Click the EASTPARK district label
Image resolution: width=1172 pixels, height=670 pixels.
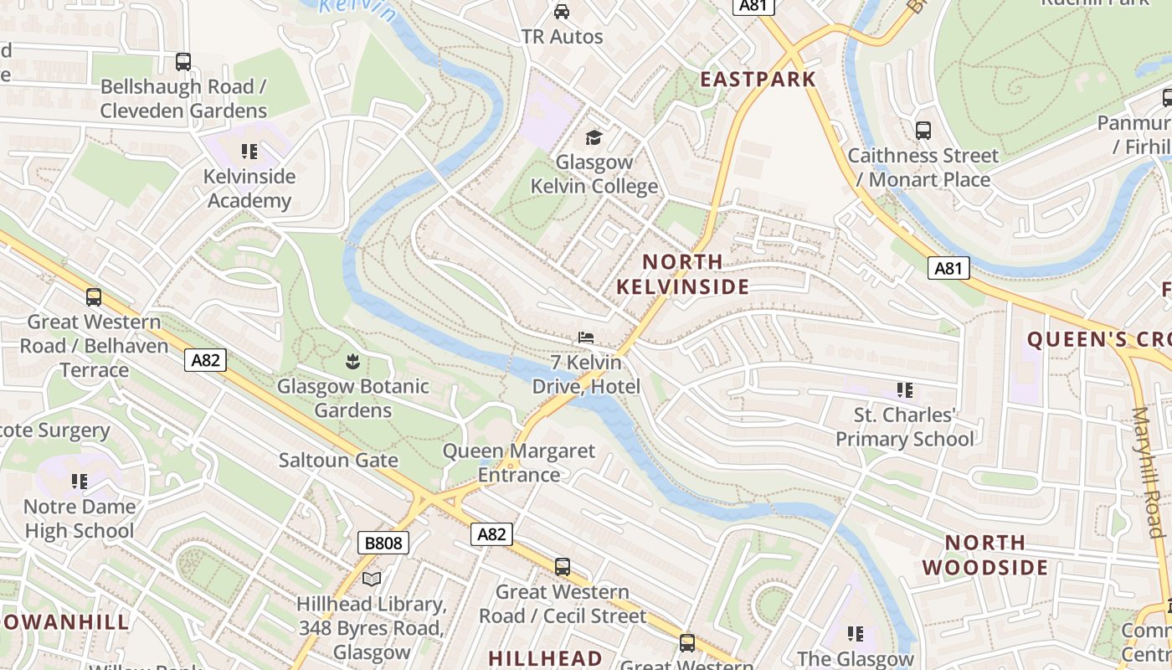(x=758, y=80)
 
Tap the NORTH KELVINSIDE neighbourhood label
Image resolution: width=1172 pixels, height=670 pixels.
(x=682, y=275)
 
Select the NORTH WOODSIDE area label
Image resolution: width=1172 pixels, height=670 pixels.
(x=985, y=555)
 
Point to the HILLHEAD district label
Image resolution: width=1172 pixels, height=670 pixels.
(x=545, y=658)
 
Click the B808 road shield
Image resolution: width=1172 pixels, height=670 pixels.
(x=384, y=543)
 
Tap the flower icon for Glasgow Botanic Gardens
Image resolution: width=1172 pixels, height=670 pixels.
(x=352, y=362)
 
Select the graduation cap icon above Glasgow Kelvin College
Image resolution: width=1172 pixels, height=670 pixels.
(x=594, y=137)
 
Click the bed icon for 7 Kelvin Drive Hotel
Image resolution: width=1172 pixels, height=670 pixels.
(x=586, y=338)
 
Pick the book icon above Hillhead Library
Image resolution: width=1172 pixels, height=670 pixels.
(x=372, y=579)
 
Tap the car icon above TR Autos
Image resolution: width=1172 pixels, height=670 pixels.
(x=562, y=12)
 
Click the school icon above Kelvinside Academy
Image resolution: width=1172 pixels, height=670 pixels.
(x=249, y=152)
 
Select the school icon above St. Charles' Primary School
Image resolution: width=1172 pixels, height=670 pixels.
(x=904, y=390)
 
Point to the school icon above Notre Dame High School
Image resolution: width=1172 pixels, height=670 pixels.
(x=80, y=482)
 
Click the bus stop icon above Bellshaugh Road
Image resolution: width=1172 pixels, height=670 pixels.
(x=182, y=62)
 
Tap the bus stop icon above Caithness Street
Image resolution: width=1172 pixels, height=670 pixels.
(x=923, y=131)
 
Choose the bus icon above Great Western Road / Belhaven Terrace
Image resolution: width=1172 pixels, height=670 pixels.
(x=94, y=296)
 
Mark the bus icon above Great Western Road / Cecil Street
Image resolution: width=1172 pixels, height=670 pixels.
(x=563, y=567)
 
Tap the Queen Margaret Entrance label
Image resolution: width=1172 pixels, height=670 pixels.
(x=519, y=463)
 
